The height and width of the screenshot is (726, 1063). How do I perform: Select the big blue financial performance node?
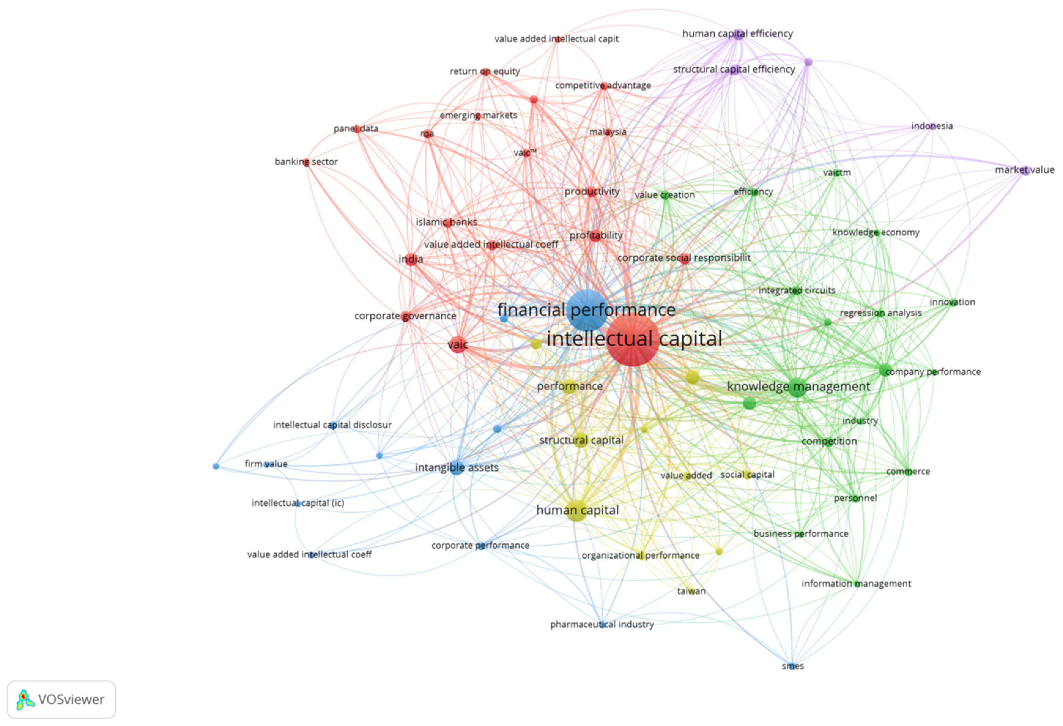coord(587,310)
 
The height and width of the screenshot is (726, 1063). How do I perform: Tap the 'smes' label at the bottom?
coord(793,666)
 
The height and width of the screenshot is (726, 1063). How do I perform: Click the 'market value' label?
coord(1024,170)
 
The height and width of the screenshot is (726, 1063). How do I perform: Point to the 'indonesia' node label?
coord(932,126)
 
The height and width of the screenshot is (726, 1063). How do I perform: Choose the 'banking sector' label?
coord(306,162)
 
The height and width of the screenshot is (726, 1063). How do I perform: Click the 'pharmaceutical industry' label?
coord(602,624)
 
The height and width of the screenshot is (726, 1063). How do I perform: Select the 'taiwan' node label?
coord(691,591)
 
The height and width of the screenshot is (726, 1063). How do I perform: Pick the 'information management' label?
coord(856,584)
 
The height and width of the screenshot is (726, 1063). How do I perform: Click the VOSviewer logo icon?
coord(25,699)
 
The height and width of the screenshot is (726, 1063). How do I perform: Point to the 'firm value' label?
coord(266,464)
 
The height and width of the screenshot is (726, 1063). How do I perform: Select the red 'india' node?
coord(411,260)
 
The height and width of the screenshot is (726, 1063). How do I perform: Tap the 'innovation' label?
coord(952,302)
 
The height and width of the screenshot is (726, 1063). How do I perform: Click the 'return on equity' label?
coord(485,71)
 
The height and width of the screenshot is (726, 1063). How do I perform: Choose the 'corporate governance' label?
coord(405,316)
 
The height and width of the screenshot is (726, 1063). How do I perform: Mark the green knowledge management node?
coord(798,387)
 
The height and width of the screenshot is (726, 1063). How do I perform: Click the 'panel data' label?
coord(356,129)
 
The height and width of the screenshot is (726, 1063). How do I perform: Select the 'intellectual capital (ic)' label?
coord(298,503)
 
